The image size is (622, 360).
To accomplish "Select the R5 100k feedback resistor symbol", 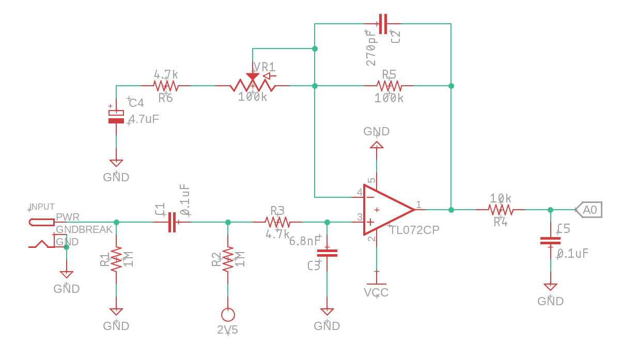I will click(389, 86).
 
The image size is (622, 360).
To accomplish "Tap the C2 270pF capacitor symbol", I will click(382, 24).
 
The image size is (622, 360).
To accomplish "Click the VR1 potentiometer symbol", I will click(252, 85).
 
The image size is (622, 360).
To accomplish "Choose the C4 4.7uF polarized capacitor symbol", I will click(116, 117).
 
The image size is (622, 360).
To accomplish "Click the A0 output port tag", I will click(589, 210).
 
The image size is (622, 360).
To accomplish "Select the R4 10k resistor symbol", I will click(500, 210).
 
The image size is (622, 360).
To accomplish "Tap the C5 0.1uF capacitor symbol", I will click(550, 241).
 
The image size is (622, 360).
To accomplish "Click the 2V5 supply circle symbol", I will click(228, 314).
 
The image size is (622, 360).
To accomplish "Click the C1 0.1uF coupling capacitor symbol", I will click(172, 222).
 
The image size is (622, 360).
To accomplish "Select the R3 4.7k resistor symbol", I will click(277, 222).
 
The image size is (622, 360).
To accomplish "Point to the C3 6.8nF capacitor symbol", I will click(327, 253).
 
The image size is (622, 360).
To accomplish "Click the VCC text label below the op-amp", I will click(376, 293).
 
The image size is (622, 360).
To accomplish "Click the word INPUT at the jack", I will click(42, 207).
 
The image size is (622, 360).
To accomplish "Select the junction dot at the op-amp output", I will click(451, 210).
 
